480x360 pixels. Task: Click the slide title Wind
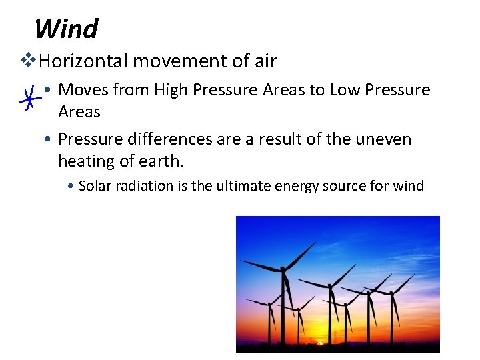[x=66, y=29]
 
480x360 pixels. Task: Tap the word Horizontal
[x=83, y=61]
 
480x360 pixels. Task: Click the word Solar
[x=95, y=186]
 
